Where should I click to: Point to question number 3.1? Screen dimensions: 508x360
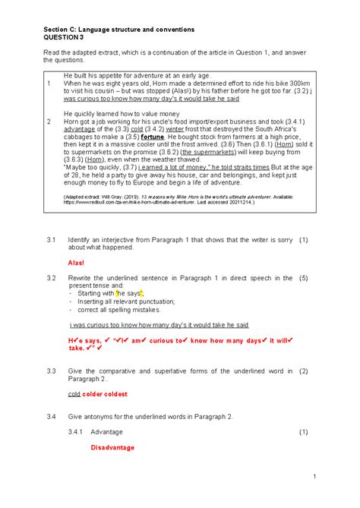[x=51, y=238]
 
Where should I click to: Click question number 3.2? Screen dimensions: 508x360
[x=51, y=279]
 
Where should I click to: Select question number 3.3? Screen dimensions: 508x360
[x=51, y=371]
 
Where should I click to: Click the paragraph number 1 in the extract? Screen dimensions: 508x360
[x=49, y=84]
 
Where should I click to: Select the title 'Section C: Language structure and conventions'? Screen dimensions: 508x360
[x=118, y=28]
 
